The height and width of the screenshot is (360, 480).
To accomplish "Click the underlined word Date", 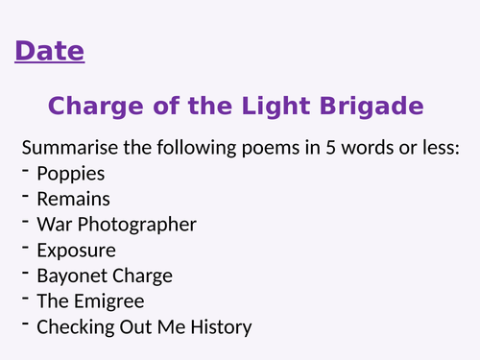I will tap(50, 51).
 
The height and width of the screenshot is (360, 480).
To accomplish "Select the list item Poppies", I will tap(70, 175).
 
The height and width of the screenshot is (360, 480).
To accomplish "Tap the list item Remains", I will tap(73, 200).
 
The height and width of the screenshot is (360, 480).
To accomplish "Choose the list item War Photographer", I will tap(116, 225).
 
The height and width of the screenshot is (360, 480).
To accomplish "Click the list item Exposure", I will tap(76, 251).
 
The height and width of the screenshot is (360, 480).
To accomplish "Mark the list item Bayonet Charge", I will tap(105, 276).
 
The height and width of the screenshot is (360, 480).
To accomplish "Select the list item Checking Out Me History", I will tap(144, 327).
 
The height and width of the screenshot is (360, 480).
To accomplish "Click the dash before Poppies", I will tap(25, 173).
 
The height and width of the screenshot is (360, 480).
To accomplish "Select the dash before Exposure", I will tap(25, 249).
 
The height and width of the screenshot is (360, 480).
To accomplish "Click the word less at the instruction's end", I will tap(441, 149).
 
